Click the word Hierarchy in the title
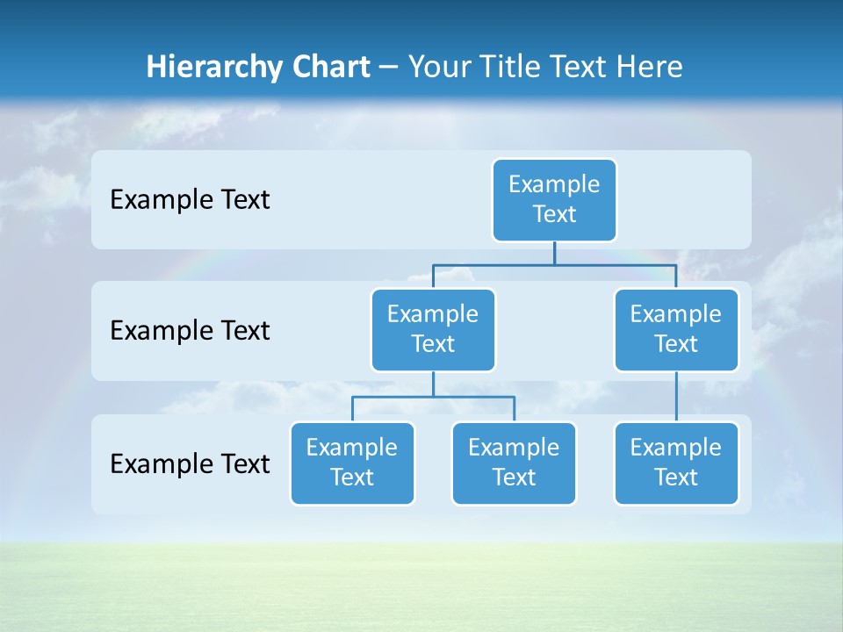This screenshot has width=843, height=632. (214, 67)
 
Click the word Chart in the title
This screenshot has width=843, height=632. (330, 67)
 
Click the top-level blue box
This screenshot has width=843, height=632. (554, 200)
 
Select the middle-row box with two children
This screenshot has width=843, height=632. (433, 330)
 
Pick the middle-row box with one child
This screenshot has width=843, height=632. (676, 330)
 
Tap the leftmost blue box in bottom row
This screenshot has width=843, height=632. (352, 463)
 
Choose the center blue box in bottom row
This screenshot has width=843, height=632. (514, 463)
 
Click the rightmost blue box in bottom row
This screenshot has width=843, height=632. (676, 463)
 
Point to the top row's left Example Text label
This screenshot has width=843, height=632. (190, 200)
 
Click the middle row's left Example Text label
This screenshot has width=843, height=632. (190, 331)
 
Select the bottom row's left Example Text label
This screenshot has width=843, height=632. (190, 463)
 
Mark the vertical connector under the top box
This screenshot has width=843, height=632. (554, 253)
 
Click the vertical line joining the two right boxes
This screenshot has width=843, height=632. (676, 397)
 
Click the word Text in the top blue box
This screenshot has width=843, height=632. (554, 214)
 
